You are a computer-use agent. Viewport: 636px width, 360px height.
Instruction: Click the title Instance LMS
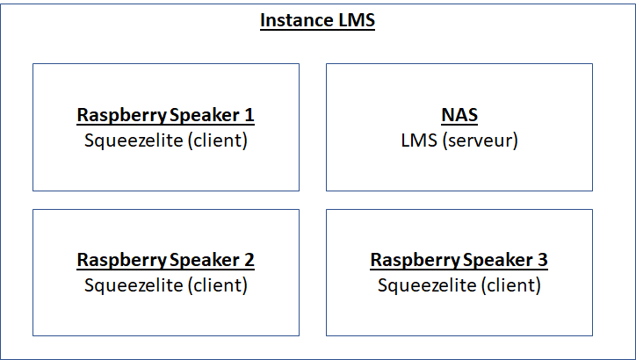coord(318,20)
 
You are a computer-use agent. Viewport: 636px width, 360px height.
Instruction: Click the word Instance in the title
coord(292,20)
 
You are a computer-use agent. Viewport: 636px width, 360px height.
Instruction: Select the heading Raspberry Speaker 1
coord(165,115)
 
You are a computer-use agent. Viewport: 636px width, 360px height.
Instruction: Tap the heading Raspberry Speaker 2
coord(165,260)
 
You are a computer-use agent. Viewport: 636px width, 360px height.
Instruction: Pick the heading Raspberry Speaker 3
coord(459,260)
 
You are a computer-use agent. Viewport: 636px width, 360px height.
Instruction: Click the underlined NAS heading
coord(459,115)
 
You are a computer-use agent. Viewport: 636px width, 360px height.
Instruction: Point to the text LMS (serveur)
coord(459,140)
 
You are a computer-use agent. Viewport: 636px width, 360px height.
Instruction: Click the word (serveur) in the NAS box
coord(481,140)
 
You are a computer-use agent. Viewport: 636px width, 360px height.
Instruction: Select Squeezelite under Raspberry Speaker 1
coord(134,141)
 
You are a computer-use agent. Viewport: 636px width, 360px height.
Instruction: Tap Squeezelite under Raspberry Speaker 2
coord(134,286)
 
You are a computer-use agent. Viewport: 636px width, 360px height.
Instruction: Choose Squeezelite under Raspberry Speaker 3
coord(427,286)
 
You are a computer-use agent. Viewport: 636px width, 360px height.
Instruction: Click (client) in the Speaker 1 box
coord(218,140)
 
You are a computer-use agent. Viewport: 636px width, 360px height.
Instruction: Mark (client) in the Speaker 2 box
coord(218,285)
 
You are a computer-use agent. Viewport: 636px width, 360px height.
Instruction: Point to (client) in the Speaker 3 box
coord(511,285)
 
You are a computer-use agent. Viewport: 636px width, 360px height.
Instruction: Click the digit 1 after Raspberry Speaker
coord(249,115)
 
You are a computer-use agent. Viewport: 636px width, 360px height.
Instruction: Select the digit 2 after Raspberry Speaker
coord(249,260)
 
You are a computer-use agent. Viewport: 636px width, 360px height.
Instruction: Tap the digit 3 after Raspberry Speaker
coord(543,260)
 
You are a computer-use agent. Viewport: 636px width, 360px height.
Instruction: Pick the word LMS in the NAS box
coord(419,140)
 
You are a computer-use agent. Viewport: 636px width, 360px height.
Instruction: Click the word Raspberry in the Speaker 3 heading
coord(415,261)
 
